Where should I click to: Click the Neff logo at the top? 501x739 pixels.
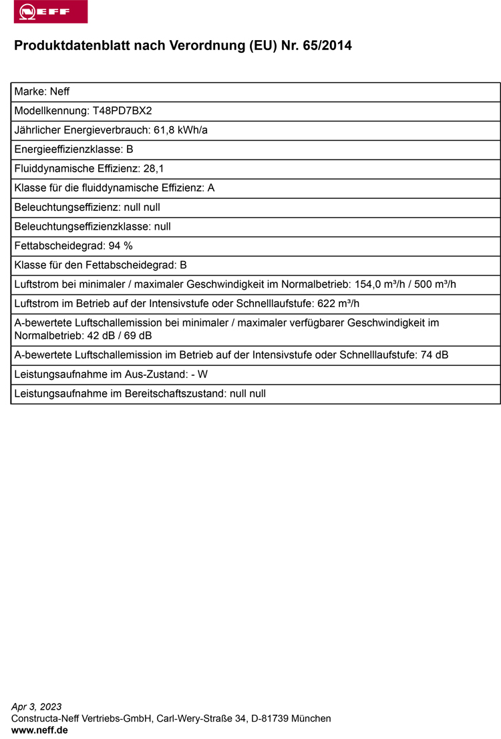pyautogui.click(x=50, y=12)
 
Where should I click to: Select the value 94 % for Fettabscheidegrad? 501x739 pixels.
pyautogui.click(x=120, y=246)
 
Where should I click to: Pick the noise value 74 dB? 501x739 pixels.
pyautogui.click(x=434, y=355)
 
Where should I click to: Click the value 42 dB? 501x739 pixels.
pyautogui.click(x=102, y=335)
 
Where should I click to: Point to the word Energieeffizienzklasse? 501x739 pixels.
pyautogui.click(x=68, y=150)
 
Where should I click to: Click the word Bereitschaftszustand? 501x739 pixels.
pyautogui.click(x=175, y=394)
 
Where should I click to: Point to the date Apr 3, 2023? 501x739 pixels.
pyautogui.click(x=37, y=706)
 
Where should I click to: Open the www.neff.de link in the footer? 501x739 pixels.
pyautogui.click(x=39, y=730)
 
